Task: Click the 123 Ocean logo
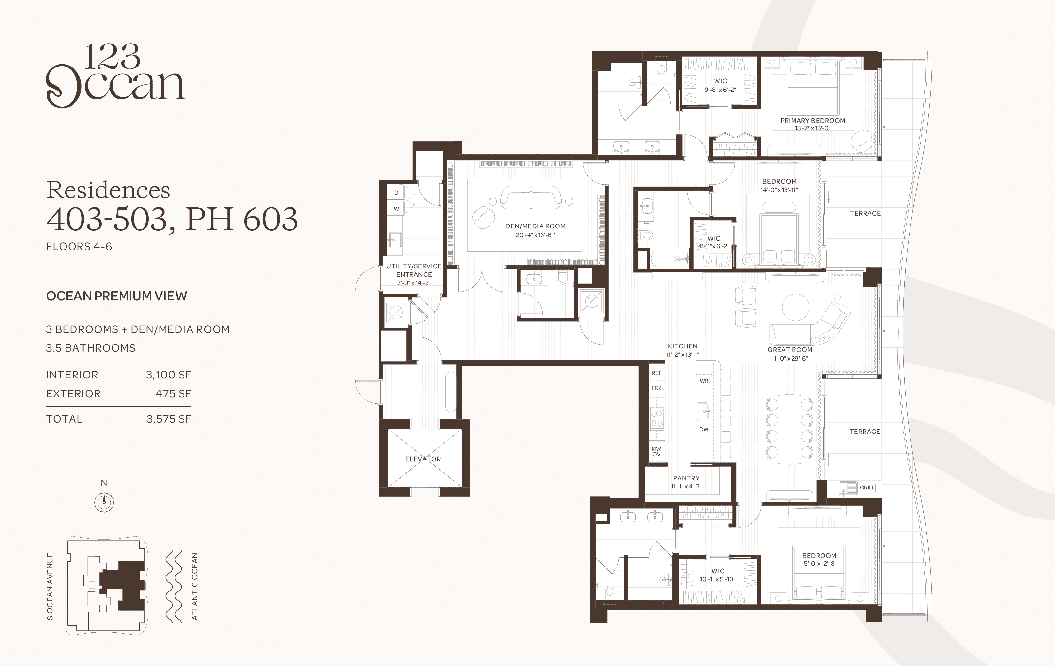tap(116, 75)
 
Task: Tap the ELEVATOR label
tap(423, 459)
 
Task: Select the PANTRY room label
tap(686, 478)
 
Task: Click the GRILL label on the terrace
tap(867, 488)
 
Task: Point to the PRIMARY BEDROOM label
tap(813, 121)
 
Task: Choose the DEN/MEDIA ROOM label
tap(535, 226)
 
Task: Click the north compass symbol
tap(104, 502)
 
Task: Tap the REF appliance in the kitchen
tap(656, 373)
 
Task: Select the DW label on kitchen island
tap(704, 429)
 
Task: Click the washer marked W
tap(396, 209)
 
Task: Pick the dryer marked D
tap(396, 193)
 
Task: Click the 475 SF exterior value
tap(174, 394)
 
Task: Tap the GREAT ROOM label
tap(790, 350)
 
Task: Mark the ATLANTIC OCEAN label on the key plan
tap(194, 587)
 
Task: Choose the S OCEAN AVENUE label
tap(50, 587)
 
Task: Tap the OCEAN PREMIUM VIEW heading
tap(117, 297)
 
